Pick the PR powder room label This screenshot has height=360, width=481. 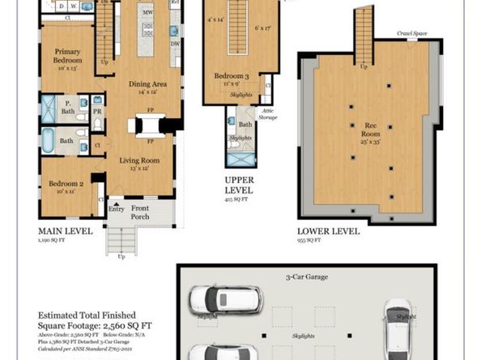click(97, 112)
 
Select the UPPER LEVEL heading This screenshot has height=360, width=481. click(240, 185)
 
